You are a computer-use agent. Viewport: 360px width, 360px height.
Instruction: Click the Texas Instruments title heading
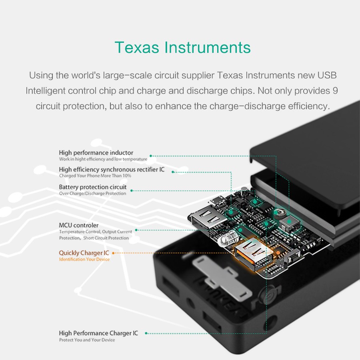tap(182, 48)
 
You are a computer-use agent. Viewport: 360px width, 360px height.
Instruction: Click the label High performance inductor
tap(96, 153)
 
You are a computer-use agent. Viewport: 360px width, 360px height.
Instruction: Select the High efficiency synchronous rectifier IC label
tap(112, 170)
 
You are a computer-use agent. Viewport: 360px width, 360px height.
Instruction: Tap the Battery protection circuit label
tap(93, 187)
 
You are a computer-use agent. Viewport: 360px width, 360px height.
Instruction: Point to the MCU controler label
tap(78, 225)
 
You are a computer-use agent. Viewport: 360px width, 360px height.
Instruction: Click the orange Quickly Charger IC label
tap(84, 253)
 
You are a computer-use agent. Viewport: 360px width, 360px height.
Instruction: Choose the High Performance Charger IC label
tap(98, 333)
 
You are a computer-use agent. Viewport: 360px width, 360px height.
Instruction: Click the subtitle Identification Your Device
tap(84, 260)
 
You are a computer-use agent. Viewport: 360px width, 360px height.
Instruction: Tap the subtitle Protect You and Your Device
tap(87, 340)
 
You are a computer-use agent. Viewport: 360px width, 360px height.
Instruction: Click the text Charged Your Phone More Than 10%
tap(95, 176)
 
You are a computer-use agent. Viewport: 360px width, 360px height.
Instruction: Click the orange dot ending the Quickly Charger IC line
tap(278, 253)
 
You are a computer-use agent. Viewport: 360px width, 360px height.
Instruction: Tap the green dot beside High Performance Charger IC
tap(146, 333)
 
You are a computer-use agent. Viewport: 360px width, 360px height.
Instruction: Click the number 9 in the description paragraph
tap(335, 91)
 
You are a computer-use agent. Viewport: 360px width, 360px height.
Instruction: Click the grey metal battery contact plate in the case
tap(222, 278)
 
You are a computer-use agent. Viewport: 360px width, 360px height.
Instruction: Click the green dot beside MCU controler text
tap(136, 230)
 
